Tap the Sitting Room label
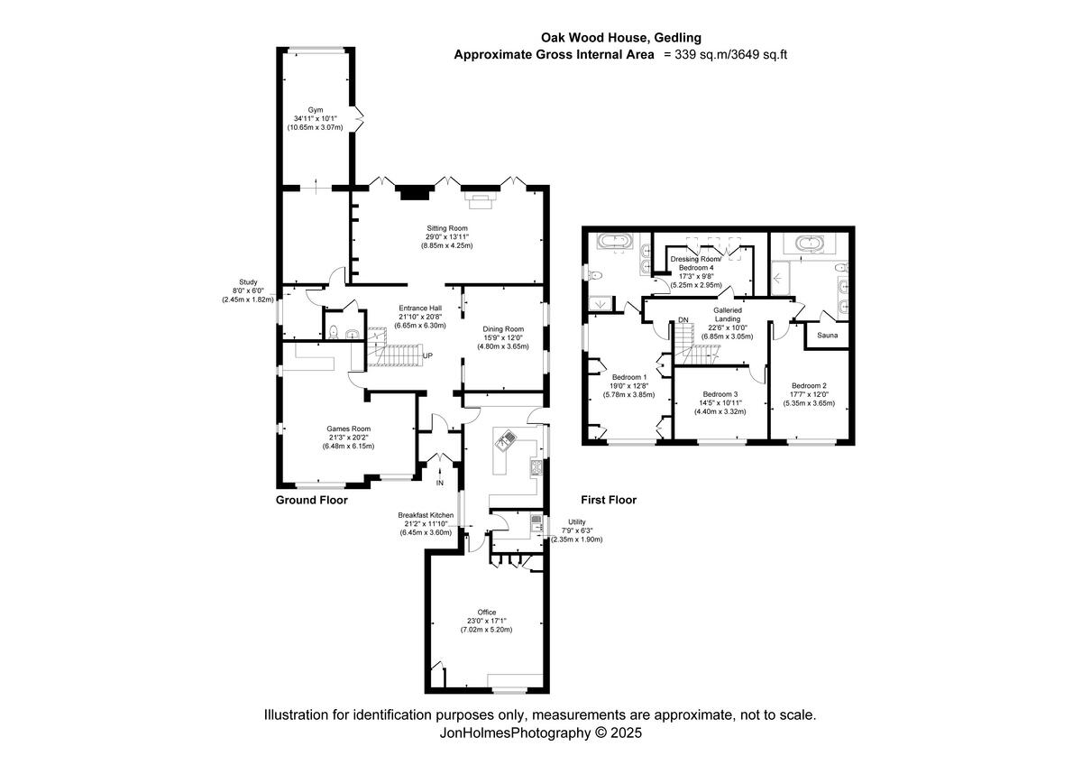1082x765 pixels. point(446,228)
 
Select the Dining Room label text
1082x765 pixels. point(500,329)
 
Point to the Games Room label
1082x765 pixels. point(348,429)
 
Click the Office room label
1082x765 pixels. point(487,613)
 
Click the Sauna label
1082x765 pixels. point(828,335)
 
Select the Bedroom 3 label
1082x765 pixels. point(720,394)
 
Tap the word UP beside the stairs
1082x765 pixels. point(427,355)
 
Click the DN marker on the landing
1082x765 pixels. point(683,320)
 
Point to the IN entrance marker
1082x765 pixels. point(440,484)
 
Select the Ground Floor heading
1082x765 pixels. point(311,499)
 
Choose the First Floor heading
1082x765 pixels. point(609,499)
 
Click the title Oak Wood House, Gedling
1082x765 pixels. point(620,38)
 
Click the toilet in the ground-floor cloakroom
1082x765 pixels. point(335,334)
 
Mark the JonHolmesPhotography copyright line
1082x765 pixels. point(540,733)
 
